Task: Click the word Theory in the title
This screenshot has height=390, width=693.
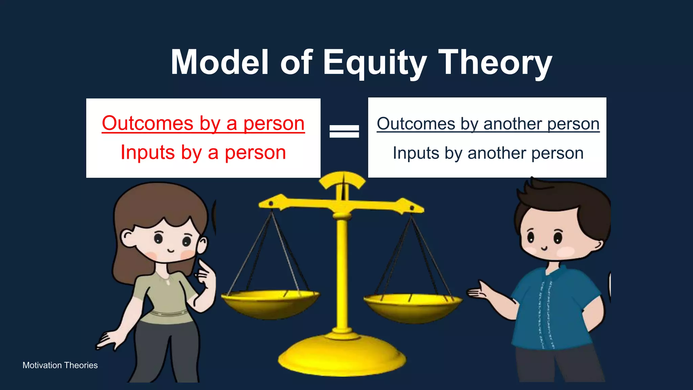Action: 495,63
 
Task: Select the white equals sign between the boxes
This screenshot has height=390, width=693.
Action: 344,131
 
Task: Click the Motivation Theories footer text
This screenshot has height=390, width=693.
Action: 60,365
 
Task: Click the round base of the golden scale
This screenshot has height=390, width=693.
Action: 342,355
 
